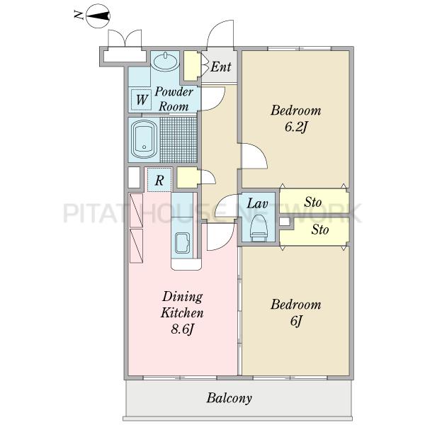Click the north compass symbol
pyautogui.click(x=98, y=16)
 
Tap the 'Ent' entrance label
pyautogui.click(x=221, y=67)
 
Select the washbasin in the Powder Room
pyautogui.click(x=165, y=61)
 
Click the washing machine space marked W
pyautogui.click(x=141, y=99)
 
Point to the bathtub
pyautogui.click(x=144, y=140)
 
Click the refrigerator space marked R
pyautogui.click(x=159, y=180)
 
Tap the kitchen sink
pyautogui.click(x=182, y=243)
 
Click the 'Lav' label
pyautogui.click(x=257, y=203)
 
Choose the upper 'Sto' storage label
pyautogui.click(x=313, y=202)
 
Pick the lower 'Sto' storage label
pyautogui.click(x=320, y=229)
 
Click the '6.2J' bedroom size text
pyautogui.click(x=295, y=127)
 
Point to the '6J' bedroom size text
pyautogui.click(x=296, y=321)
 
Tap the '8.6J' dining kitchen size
pyautogui.click(x=182, y=329)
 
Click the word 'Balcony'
pyautogui.click(x=229, y=398)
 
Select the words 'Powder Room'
pyautogui.click(x=174, y=99)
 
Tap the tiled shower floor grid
pyautogui.click(x=178, y=140)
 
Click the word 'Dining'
pyautogui.click(x=183, y=297)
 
